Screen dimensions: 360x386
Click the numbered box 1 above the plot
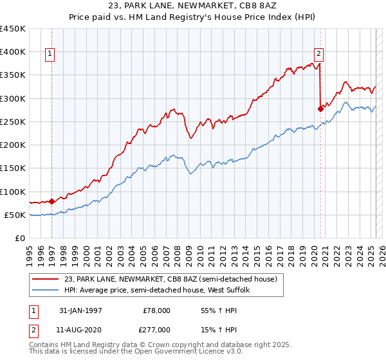51,54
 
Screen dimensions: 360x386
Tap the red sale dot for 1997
51,201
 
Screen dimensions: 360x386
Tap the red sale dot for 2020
320,109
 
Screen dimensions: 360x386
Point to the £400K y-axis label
13,52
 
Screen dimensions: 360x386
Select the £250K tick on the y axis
13,122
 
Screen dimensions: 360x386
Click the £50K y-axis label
15,215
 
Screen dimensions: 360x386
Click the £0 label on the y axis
21,238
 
